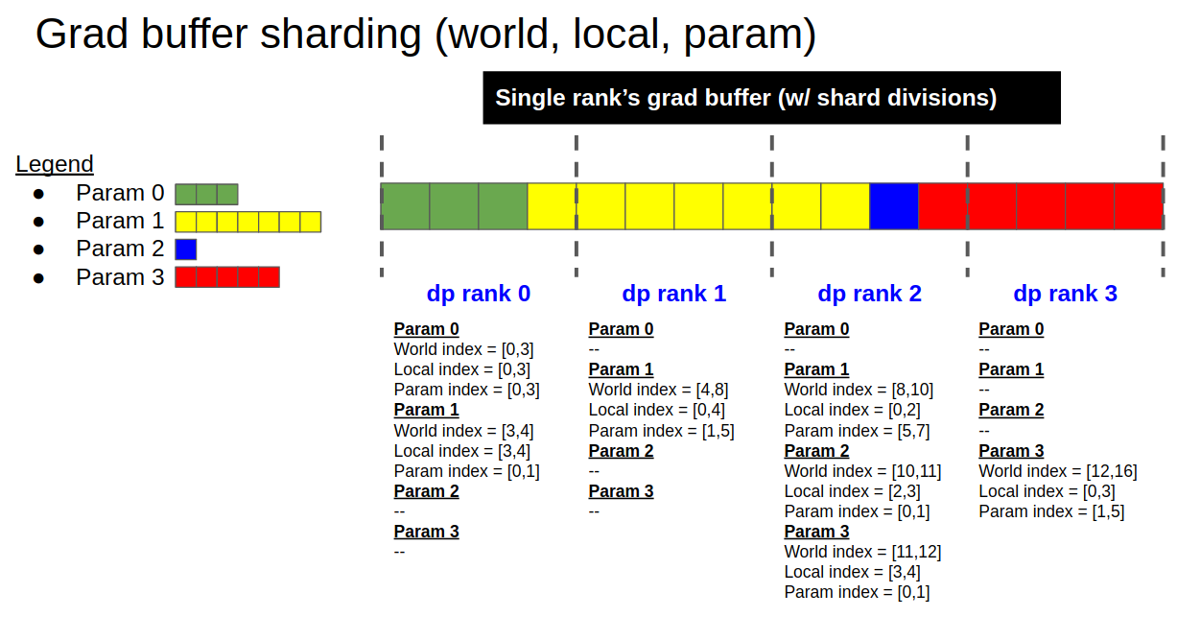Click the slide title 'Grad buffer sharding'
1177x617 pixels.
click(x=425, y=35)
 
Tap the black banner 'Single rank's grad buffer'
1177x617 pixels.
click(x=771, y=98)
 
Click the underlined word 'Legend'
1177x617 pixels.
click(x=55, y=164)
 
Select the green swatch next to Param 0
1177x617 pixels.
click(x=206, y=194)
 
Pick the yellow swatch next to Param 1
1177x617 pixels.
click(x=247, y=222)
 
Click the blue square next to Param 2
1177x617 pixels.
click(x=186, y=249)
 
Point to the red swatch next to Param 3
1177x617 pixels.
click(x=227, y=277)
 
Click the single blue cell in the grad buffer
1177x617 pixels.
click(x=894, y=206)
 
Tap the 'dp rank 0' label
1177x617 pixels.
click(x=478, y=294)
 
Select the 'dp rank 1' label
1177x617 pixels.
click(x=673, y=294)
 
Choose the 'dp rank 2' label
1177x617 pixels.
click(x=869, y=294)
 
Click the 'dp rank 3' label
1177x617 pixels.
click(x=1065, y=294)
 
